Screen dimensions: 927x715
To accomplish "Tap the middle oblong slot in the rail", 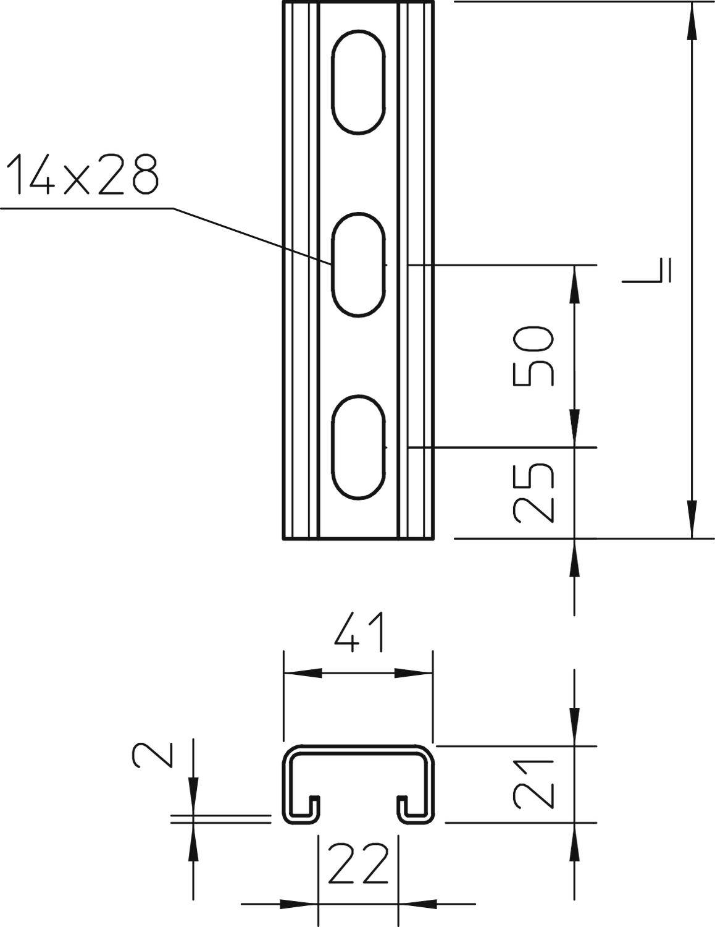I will (358, 265).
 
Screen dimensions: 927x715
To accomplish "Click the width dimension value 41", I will (358, 632).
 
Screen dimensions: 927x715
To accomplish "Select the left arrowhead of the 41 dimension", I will (303, 672).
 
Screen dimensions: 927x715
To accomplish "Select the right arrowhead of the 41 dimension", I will (414, 672).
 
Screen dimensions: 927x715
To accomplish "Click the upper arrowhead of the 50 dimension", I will (575, 284).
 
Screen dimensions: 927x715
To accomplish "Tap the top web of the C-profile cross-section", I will (358, 749).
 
